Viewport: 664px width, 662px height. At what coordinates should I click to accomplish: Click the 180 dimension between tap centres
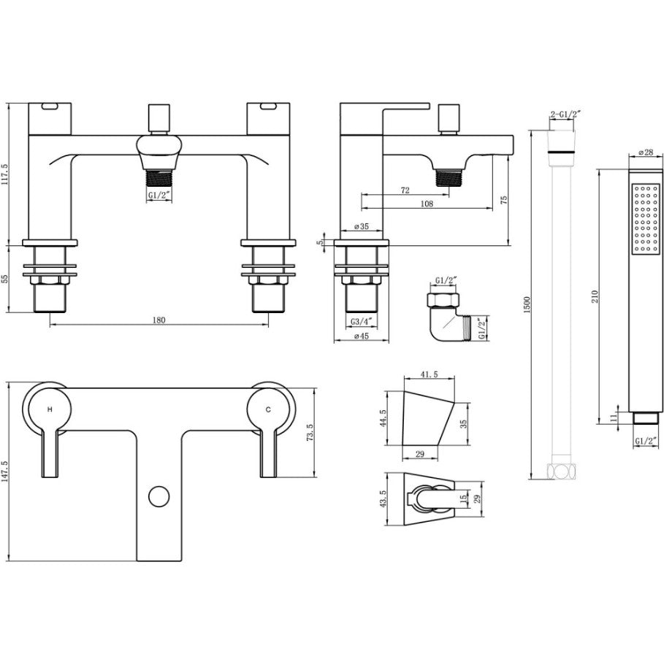(159, 320)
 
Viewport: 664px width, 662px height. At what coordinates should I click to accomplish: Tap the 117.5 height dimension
(4, 174)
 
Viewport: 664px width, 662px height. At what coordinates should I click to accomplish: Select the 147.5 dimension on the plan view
(4, 472)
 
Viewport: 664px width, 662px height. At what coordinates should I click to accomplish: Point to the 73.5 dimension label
(310, 433)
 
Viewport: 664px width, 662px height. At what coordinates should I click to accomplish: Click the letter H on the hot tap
(50, 409)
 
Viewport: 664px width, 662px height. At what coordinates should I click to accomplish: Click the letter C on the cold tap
(268, 409)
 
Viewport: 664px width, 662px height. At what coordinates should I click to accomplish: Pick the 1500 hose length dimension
(527, 304)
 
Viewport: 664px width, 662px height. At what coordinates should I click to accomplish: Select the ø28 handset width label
(645, 153)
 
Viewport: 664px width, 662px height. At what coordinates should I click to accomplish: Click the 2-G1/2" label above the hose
(565, 114)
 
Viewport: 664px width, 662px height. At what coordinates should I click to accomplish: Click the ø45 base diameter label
(361, 336)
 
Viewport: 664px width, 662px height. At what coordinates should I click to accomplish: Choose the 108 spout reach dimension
(427, 204)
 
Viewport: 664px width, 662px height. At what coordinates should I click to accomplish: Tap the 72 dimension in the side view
(405, 190)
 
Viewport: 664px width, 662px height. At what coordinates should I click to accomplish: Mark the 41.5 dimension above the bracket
(430, 374)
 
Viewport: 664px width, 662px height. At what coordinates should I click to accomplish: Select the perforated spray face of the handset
(645, 219)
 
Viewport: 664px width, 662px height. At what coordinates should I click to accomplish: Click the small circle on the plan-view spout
(159, 496)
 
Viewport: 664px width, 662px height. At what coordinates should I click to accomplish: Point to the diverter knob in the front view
(159, 118)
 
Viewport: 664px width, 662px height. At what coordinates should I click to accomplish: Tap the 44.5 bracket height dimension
(383, 418)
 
